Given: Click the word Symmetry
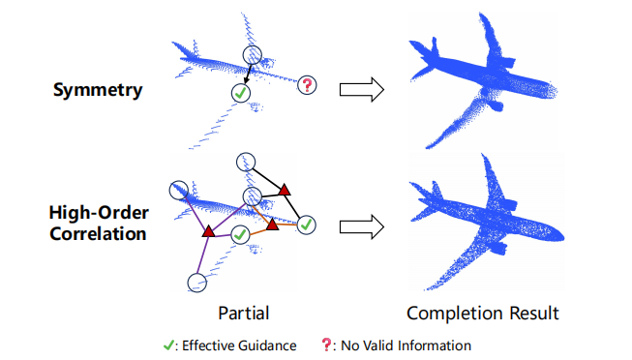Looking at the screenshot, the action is [98, 90].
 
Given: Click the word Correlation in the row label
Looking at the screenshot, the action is [98, 234].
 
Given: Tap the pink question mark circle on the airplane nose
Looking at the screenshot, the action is [307, 85].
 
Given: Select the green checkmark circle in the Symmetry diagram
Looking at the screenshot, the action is [241, 93].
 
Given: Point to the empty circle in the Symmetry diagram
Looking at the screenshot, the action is [253, 55].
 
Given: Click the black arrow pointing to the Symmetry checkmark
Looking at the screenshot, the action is [247, 75].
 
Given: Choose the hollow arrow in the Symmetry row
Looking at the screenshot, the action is [362, 89].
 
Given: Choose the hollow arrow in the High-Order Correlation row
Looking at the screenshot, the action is [362, 227].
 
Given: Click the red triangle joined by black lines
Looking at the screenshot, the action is [285, 190].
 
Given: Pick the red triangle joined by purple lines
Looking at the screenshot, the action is [208, 231].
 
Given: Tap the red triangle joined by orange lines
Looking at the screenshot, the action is [273, 225].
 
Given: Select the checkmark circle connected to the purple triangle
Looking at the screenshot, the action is [240, 234].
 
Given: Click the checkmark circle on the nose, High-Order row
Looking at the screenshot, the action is [307, 225].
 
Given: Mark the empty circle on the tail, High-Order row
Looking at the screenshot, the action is [178, 191].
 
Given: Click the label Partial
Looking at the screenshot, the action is [244, 314].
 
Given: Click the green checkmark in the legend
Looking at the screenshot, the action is [168, 345].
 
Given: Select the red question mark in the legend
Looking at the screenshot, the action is [325, 345].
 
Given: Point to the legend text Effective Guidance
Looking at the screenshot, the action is [239, 345].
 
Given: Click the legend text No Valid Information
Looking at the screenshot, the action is [406, 345].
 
